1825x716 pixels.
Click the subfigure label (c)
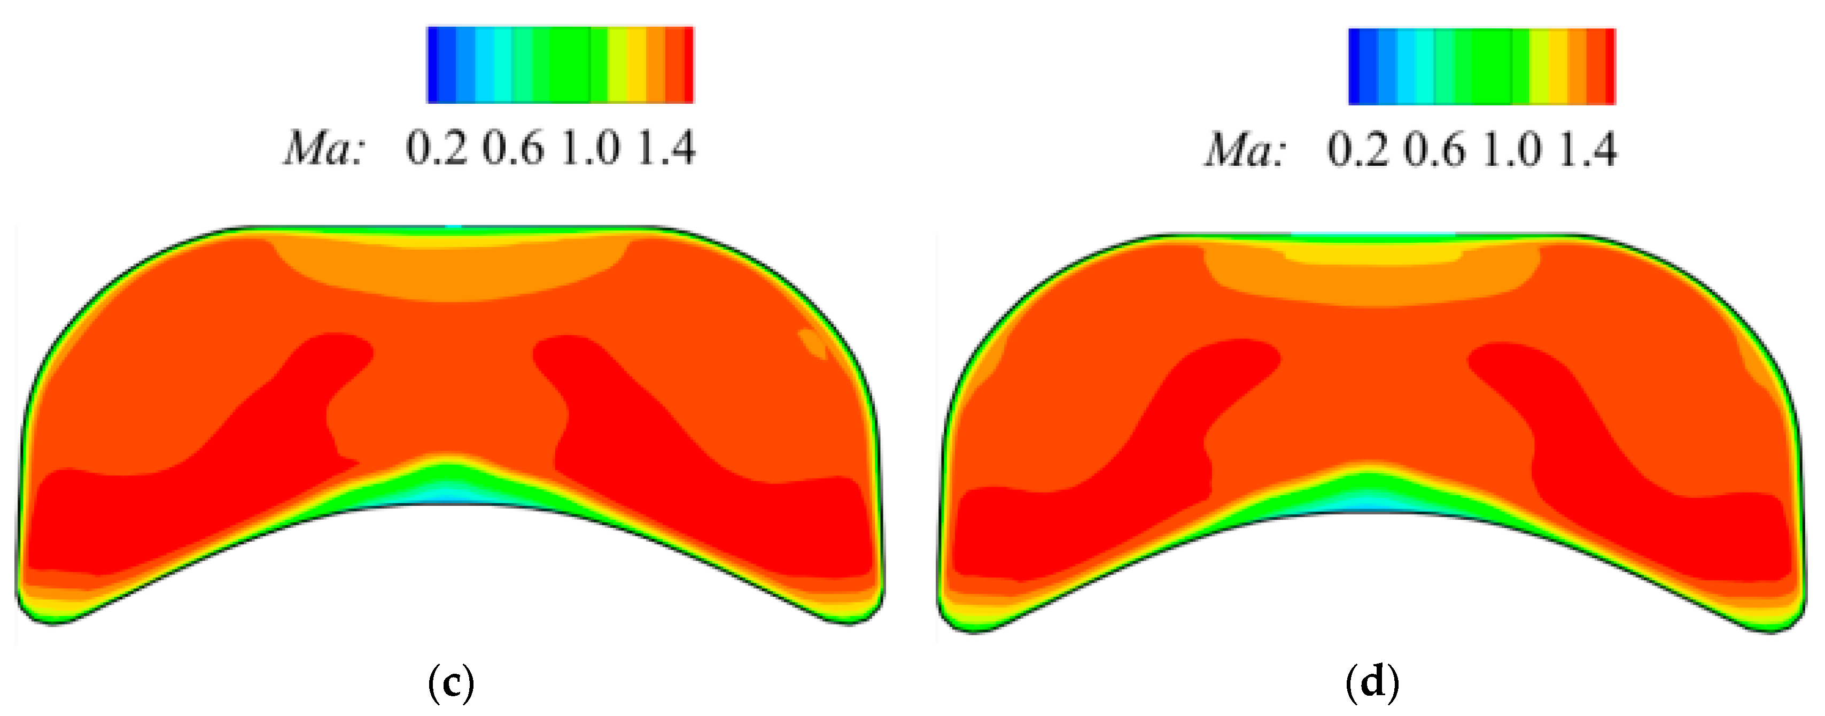point(451,683)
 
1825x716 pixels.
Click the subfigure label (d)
point(1372,683)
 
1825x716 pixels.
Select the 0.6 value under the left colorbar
point(514,149)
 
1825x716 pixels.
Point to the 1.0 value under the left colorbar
point(590,149)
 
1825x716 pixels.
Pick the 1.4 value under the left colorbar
point(666,149)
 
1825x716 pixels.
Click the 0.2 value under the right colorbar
point(1357,150)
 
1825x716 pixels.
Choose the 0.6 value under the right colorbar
point(1435,150)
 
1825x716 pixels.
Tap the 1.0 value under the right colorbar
point(1511,150)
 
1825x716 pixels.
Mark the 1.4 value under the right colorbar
point(1588,150)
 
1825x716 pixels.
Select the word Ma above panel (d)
point(1244,150)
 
